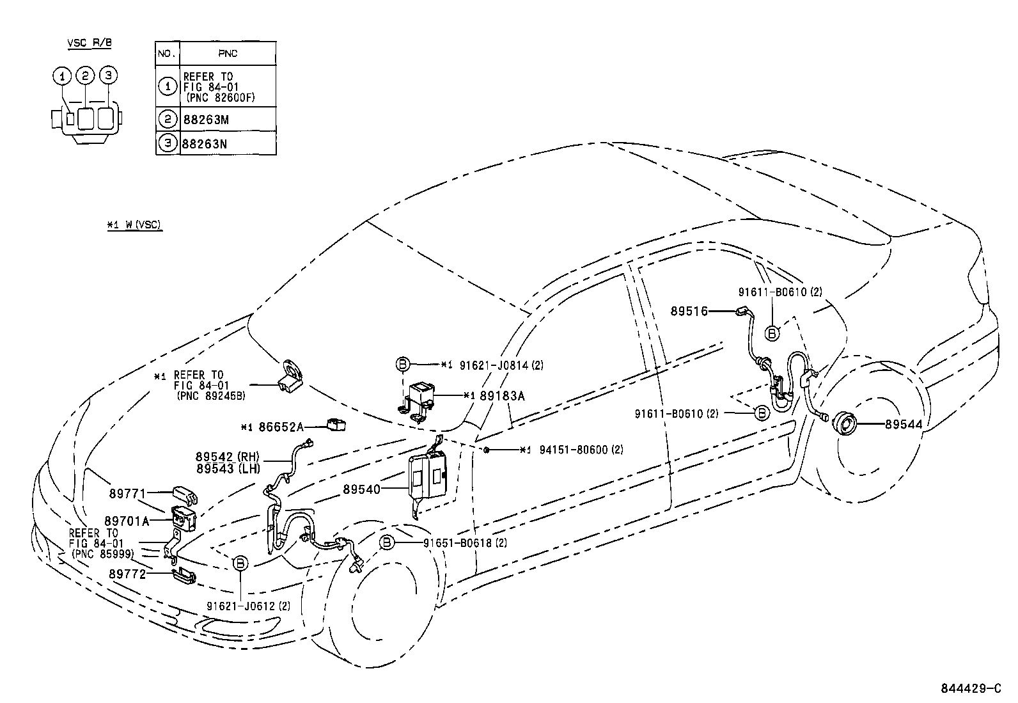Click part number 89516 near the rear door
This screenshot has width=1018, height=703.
tap(689, 312)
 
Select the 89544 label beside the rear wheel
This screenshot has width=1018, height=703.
tap(904, 423)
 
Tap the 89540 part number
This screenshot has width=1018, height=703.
tap(361, 489)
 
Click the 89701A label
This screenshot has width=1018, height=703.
tap(127, 521)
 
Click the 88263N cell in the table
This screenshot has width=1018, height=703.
tap(205, 143)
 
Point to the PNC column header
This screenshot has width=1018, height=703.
tap(228, 54)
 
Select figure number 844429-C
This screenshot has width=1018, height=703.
tap(970, 688)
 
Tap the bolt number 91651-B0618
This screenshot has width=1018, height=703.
tap(457, 543)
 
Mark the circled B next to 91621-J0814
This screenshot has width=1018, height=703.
tap(402, 365)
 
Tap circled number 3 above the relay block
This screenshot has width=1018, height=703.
tap(108, 75)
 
